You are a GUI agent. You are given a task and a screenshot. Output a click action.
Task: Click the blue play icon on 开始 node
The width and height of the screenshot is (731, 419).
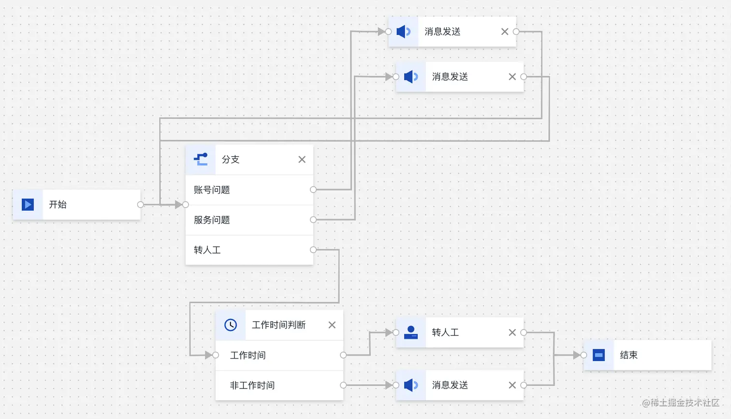point(28,205)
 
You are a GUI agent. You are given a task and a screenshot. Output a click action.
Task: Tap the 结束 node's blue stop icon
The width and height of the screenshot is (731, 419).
point(599,355)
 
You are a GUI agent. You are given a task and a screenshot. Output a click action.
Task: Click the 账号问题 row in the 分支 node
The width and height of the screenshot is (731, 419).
point(212,190)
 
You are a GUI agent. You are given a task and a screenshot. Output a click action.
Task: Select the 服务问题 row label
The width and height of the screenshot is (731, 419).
point(212,220)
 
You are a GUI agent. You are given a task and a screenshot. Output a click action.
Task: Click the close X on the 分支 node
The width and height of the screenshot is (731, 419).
point(302,160)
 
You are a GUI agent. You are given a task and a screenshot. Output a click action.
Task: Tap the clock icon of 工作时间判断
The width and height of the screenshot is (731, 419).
point(231,325)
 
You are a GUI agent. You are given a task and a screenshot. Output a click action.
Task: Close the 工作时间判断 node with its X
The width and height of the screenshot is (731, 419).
point(332,325)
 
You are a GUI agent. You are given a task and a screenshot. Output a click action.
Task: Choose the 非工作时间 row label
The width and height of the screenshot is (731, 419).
point(252,386)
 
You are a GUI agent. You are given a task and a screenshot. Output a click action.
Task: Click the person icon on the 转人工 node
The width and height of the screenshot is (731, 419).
point(411,332)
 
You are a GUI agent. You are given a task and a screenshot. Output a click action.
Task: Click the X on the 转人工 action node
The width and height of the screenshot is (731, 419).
point(512,332)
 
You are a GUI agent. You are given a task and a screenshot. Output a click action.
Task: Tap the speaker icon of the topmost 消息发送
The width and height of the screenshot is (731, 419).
point(404,32)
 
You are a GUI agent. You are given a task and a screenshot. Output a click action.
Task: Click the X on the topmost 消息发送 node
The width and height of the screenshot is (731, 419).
point(505,32)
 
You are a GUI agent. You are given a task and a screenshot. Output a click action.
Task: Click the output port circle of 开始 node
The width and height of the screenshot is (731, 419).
point(141,205)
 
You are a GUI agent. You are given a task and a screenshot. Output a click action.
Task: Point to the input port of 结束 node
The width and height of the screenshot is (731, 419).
point(584,355)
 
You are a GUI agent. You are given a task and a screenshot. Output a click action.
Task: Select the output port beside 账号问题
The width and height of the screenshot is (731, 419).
point(313,190)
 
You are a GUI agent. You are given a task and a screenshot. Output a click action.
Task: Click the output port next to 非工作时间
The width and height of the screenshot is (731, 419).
point(343,386)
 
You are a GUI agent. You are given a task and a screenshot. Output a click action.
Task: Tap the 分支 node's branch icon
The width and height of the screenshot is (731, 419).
point(201,159)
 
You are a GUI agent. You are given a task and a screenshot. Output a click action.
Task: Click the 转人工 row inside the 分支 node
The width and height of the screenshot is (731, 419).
point(207,250)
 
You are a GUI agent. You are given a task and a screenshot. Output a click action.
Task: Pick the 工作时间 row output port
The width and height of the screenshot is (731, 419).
point(343,355)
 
